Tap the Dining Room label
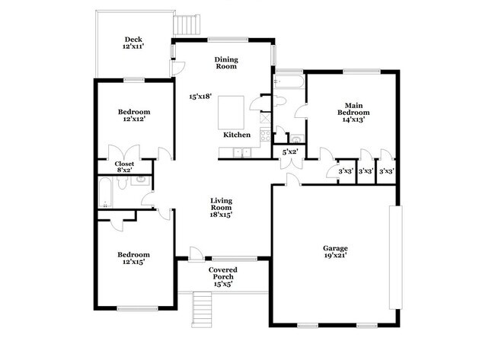225,62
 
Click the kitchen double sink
243,154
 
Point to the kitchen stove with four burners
265,136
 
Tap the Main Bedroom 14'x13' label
352,112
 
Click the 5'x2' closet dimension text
290,152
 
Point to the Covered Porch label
223,274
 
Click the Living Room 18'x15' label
222,208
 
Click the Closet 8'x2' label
125,168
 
